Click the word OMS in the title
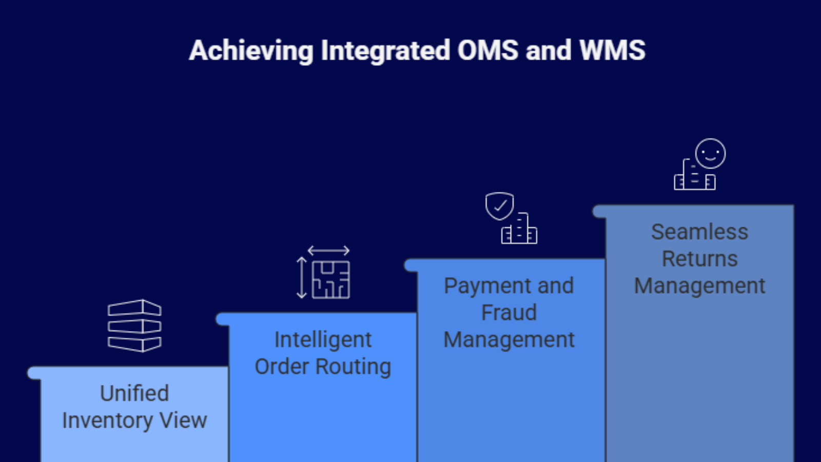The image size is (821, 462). click(487, 50)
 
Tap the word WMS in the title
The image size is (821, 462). click(612, 50)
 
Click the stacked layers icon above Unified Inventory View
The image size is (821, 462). click(134, 325)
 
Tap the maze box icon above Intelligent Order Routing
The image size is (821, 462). click(331, 280)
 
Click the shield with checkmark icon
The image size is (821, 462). click(499, 206)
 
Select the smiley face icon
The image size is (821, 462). click(710, 153)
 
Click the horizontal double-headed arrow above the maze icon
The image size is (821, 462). click(328, 251)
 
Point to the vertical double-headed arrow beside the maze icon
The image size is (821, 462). click(302, 278)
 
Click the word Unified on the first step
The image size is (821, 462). click(134, 394)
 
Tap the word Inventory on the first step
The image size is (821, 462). click(108, 421)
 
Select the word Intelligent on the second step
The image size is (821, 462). click(323, 340)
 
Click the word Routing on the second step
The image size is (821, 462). click(353, 367)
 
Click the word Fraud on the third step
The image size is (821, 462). click(509, 313)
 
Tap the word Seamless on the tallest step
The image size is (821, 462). click(699, 232)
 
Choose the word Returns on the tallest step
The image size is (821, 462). click(699, 259)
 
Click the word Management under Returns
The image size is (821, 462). click(699, 286)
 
